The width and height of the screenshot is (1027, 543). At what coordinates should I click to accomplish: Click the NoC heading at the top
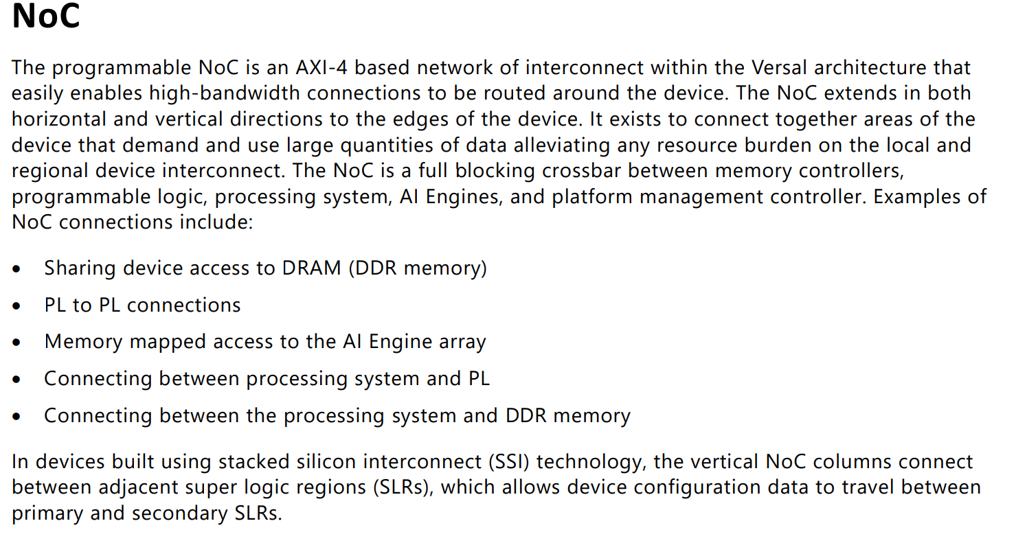tap(46, 17)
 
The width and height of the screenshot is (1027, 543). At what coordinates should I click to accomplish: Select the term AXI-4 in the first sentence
tap(321, 68)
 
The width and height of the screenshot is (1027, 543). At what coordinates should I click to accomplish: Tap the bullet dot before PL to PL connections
tap(17, 306)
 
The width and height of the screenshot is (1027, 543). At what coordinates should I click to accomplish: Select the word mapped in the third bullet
tap(168, 342)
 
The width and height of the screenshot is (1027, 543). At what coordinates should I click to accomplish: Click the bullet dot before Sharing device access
tap(17, 269)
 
